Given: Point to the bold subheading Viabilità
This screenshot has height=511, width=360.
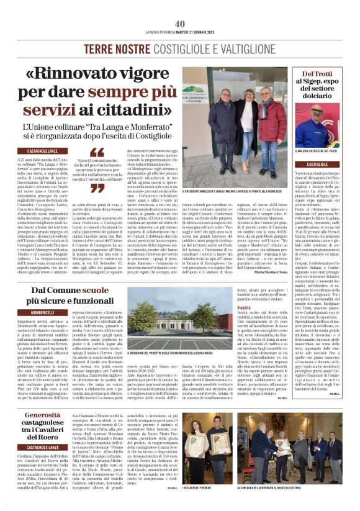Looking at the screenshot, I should click(244, 307).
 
